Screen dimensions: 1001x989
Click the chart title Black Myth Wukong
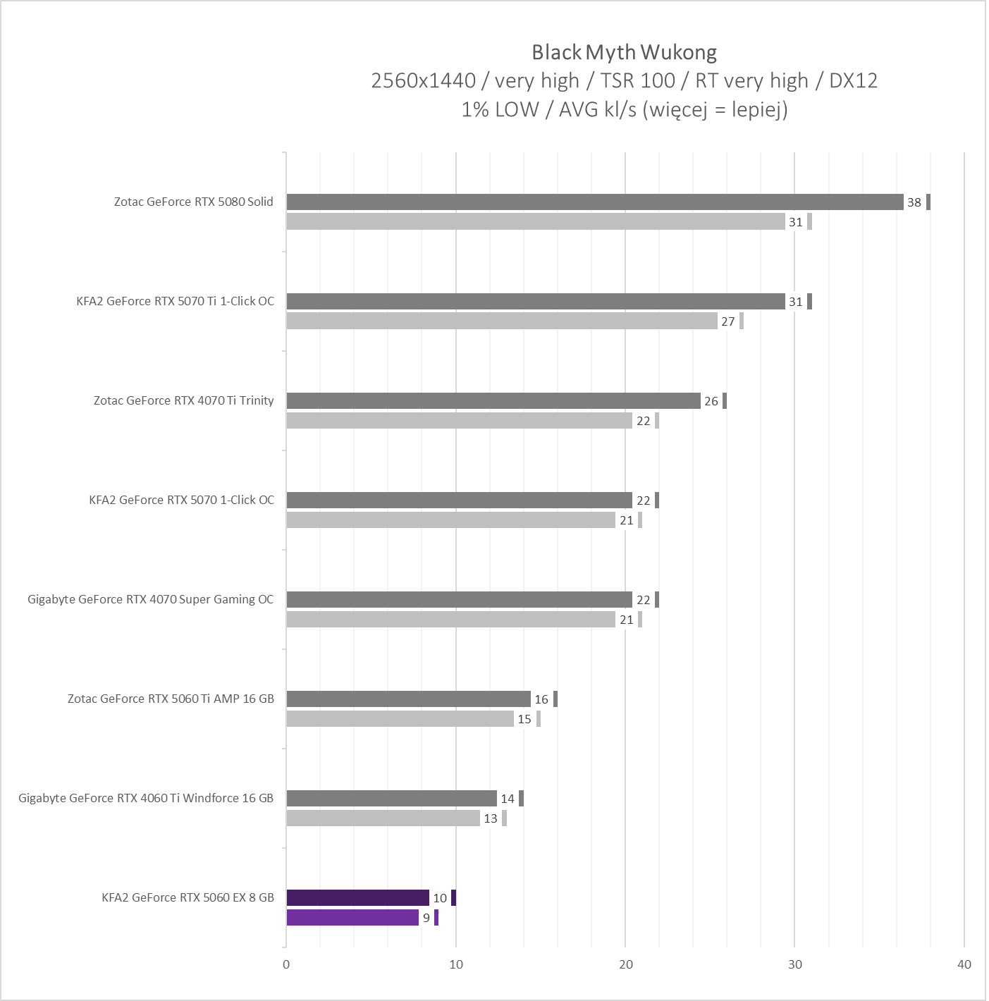(624, 52)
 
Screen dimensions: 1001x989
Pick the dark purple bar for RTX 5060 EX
(357, 898)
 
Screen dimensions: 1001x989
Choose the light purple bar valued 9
(352, 918)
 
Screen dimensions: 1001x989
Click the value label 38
(914, 202)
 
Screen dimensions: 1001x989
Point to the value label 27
(727, 321)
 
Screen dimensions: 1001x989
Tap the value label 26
(711, 401)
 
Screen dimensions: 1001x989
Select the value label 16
(541, 699)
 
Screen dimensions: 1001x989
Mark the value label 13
(490, 818)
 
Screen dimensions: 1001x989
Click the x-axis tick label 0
(286, 964)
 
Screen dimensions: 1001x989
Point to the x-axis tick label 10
(456, 964)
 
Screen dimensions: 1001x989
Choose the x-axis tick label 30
(794, 964)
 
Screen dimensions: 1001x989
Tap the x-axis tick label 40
(964, 964)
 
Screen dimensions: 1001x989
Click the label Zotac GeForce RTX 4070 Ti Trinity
(183, 400)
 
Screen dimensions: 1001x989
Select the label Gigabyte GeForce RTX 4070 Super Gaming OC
(150, 599)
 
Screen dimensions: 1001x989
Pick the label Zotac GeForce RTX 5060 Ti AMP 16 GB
(171, 699)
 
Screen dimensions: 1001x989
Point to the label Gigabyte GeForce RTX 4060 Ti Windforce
(146, 798)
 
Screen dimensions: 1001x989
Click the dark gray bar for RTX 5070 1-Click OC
(459, 500)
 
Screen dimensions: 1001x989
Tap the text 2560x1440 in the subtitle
(423, 81)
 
